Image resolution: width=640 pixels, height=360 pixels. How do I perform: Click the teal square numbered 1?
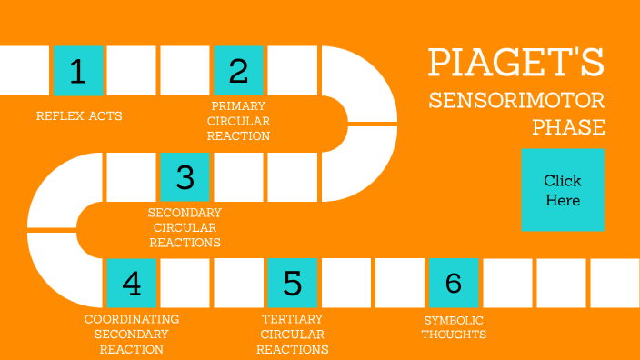78,70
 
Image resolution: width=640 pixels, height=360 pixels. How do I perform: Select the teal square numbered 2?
238,70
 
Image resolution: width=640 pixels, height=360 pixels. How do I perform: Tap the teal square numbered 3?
185,176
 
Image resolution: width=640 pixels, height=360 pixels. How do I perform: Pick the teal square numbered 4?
131,283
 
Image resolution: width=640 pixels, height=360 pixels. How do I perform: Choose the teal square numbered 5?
292,283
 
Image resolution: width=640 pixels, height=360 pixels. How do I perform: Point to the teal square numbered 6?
453,283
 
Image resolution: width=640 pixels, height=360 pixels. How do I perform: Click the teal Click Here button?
563,190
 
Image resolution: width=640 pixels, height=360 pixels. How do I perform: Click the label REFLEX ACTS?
79,115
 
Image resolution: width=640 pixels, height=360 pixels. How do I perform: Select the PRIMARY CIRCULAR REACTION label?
238,121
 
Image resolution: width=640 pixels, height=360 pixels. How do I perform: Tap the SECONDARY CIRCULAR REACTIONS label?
185,227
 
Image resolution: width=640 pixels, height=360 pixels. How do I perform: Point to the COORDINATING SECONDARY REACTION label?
132,334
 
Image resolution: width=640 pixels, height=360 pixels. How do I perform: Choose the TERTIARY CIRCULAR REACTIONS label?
293,334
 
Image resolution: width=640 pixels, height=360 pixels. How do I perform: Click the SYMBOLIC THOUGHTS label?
454,326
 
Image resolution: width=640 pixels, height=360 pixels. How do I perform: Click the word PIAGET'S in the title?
516,64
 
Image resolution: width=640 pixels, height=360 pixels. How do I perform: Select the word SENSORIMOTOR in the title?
516,100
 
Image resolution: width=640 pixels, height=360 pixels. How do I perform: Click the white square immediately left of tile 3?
131,176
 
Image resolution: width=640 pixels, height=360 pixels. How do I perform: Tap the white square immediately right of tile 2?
292,70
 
